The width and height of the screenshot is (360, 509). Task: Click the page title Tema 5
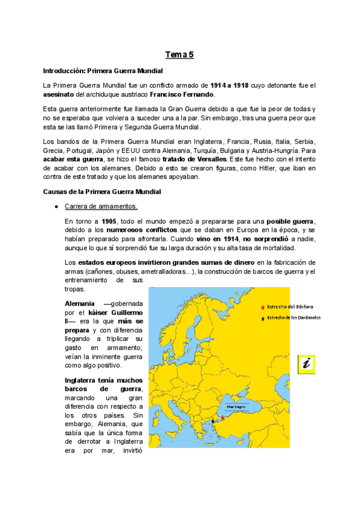coord(180,55)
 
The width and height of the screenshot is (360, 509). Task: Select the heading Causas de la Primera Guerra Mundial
coord(101,191)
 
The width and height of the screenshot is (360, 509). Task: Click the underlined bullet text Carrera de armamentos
coord(101,206)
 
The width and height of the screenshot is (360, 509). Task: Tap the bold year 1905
coord(109,221)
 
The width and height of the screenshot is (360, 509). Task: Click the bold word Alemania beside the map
coord(79,304)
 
